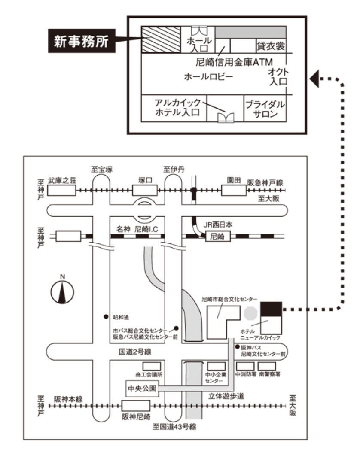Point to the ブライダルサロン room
(265, 109)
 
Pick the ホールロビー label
(208, 77)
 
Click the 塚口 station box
(145, 190)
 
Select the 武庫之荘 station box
(62, 190)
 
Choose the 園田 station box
(233, 190)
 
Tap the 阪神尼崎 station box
(136, 406)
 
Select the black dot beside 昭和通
(106, 317)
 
